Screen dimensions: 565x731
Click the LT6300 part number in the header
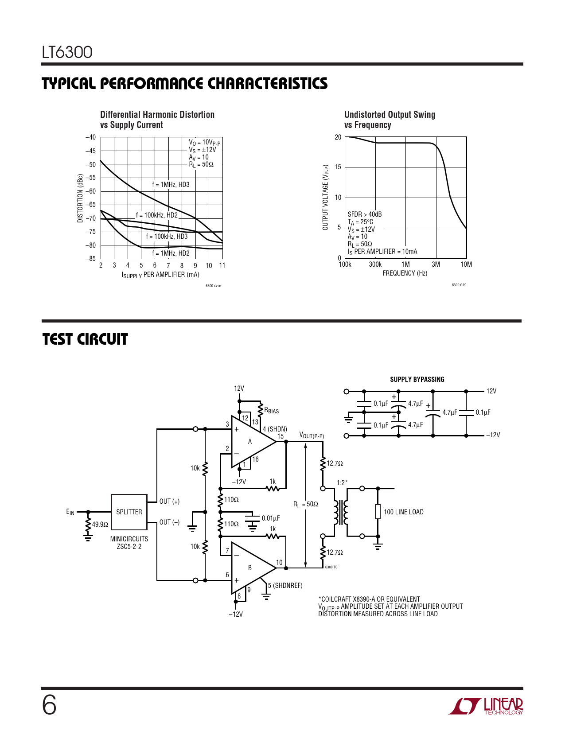pos(67,52)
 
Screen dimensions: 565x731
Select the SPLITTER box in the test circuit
pos(129,512)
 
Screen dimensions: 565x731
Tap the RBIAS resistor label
pos(272,410)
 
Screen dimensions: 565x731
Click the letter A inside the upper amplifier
pos(249,442)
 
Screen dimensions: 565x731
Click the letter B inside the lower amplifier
pos(249,568)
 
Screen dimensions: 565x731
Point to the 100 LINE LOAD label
pos(403,512)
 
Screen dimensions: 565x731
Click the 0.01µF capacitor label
pos(271,518)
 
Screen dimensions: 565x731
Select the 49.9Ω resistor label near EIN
pos(100,525)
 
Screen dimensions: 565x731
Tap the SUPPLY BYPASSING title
pos(417,380)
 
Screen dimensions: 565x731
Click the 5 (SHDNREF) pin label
pos(285,586)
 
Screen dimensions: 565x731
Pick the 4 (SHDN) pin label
pos(275,429)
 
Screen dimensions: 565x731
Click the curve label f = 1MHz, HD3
pos(171,185)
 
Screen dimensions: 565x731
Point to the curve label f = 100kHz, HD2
pos(156,215)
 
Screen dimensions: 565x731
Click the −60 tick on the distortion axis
pos(90,191)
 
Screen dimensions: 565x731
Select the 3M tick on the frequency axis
pos(436,264)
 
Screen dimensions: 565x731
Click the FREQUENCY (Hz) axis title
pos(405,273)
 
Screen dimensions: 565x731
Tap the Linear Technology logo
pos(486,706)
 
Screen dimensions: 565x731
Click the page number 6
pos(49,706)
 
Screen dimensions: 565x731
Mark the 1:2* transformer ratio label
pos(342,483)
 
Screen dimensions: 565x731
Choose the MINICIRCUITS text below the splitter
pos(129,539)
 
